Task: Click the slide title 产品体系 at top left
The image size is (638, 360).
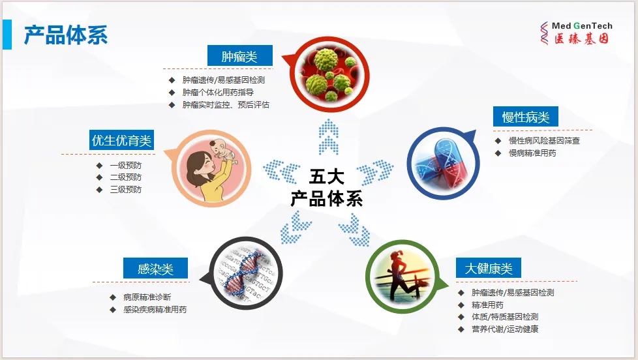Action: pos(65,35)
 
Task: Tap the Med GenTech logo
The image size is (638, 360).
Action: pos(576,33)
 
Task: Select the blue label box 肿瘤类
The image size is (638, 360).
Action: pos(239,55)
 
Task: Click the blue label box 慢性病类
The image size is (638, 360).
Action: pos(525,117)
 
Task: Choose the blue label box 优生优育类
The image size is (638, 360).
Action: pos(121,140)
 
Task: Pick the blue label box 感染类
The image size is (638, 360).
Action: pos(155,269)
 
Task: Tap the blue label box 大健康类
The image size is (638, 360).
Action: pos(488,268)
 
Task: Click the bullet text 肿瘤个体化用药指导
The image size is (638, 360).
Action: pos(218,93)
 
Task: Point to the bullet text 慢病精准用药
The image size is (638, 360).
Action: pos(532,153)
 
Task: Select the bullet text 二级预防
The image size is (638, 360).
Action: pos(126,177)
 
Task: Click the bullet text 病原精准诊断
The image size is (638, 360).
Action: pos(147,297)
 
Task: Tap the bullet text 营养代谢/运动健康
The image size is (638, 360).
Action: pos(505,329)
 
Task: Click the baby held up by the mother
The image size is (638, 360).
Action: pos(222,151)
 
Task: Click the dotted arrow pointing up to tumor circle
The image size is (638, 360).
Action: pos(328,137)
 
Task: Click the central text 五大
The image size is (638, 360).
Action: pos(327,177)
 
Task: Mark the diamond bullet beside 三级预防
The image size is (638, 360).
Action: pos(99,190)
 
